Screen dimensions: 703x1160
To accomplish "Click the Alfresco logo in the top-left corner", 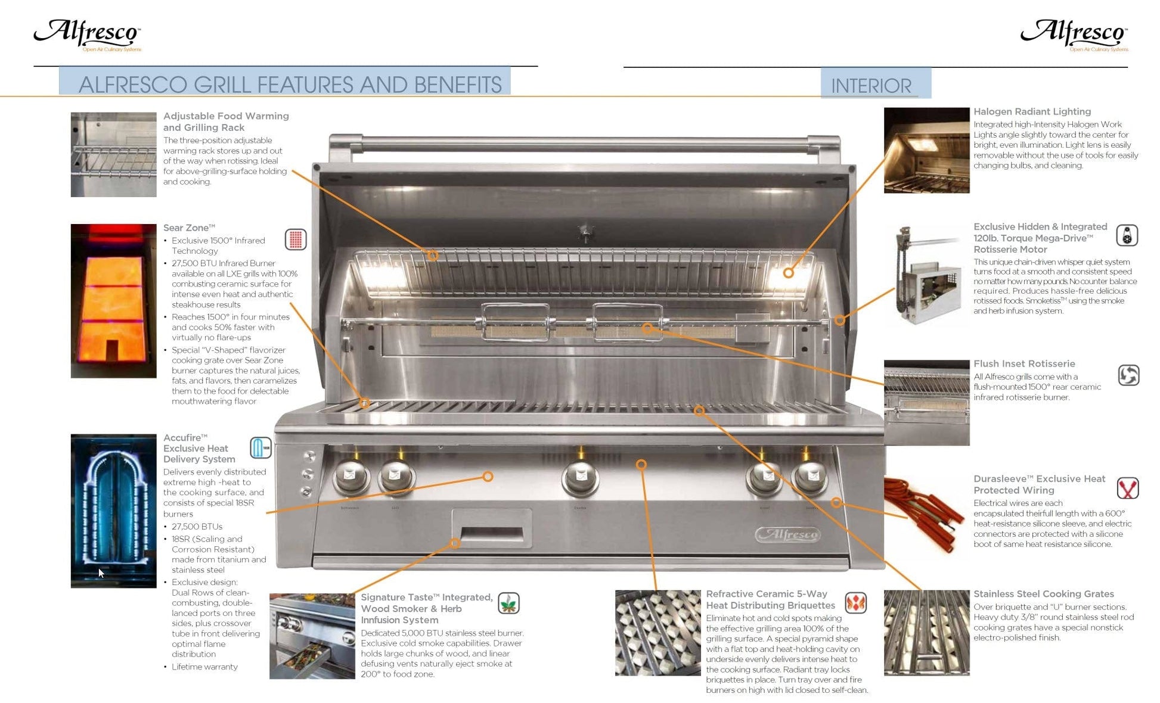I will point(88,34).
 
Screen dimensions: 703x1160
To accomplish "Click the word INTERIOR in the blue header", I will point(871,86).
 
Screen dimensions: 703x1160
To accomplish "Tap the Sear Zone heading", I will point(189,228).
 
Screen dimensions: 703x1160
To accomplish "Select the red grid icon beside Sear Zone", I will point(295,239).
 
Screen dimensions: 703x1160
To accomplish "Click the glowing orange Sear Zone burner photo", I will point(113,301).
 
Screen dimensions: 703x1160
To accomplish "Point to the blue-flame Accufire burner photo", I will point(113,511).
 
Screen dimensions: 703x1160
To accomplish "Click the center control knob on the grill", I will point(579,477).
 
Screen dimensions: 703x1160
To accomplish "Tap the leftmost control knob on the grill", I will point(351,477).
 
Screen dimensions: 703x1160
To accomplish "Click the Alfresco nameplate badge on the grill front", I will point(788,534).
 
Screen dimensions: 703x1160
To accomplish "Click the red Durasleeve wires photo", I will point(926,516).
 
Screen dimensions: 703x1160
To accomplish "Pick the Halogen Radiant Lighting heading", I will point(1032,111).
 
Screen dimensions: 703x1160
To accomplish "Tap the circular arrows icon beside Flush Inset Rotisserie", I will point(1128,375).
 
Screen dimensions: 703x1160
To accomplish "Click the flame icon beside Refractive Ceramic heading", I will point(855,602).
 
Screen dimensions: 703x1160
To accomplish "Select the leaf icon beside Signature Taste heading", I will point(508,604).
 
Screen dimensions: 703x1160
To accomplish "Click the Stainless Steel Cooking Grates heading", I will point(1043,593).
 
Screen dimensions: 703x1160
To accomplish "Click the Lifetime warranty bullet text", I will point(204,667).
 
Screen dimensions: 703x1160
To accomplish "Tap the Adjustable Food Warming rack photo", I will point(113,155).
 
